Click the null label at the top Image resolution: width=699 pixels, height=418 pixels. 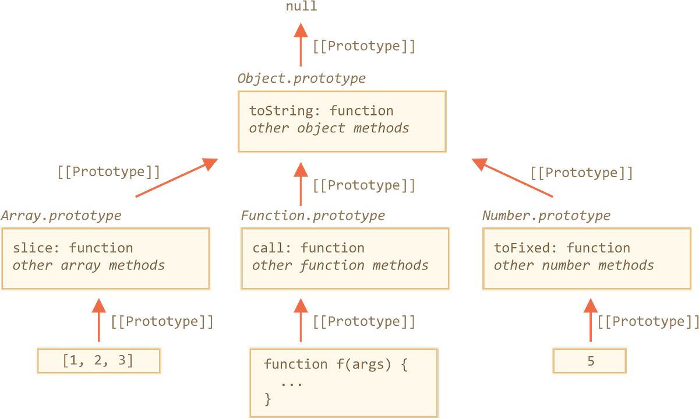tap(302, 6)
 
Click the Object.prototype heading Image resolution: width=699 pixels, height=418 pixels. tap(301, 78)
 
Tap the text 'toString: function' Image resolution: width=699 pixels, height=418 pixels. tap(321, 111)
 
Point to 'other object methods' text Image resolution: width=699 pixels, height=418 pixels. tap(329, 128)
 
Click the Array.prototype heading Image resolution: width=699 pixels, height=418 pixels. tap(61, 216)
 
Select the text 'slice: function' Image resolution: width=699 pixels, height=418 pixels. tap(73, 248)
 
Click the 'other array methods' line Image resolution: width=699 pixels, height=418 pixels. tap(89, 266)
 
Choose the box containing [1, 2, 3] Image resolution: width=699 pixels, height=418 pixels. tap(98, 361)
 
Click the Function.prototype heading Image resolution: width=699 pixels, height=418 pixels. tap(313, 216)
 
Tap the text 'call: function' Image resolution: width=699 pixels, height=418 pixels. tap(308, 248)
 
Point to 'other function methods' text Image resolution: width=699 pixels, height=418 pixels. tap(340, 266)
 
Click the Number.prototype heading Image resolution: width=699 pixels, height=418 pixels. tap(546, 216)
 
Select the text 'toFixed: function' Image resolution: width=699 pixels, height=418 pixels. tap(562, 248)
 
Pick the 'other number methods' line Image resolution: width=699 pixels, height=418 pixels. tap(574, 266)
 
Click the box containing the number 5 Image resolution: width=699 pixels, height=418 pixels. tap(590, 361)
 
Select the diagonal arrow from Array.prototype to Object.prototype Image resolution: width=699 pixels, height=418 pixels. tap(176, 178)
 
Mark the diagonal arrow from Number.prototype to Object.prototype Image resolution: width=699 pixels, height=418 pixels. tap(513, 178)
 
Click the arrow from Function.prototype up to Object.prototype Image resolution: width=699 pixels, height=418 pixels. tap(301, 184)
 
